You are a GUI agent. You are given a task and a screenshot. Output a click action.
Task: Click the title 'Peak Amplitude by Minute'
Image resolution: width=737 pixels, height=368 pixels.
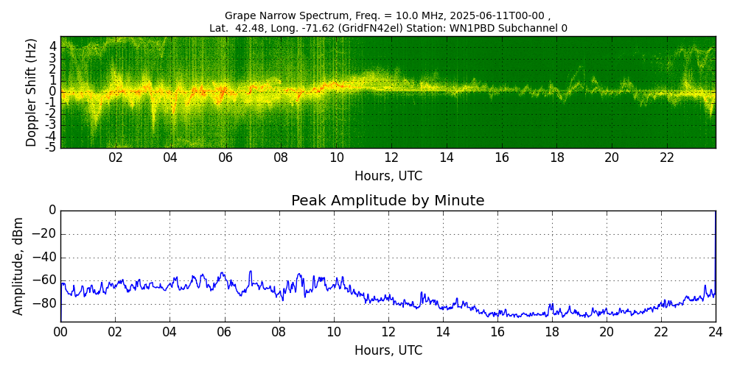pos(388,201)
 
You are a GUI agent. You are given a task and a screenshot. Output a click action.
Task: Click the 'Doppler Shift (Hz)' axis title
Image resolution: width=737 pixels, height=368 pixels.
pos(32,93)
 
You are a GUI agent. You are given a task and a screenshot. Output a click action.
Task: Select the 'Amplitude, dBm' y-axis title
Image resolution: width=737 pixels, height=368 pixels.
pos(19,266)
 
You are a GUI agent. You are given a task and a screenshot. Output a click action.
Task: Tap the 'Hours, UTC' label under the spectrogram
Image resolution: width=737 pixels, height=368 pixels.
pos(388,177)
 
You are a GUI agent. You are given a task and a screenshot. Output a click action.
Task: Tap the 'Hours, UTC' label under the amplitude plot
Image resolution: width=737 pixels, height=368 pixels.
pos(388,350)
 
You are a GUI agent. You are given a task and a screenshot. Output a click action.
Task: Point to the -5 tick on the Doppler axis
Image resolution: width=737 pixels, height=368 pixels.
pos(51,147)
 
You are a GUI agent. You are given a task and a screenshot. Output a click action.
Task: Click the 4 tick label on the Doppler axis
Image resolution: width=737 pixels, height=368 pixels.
pos(53,46)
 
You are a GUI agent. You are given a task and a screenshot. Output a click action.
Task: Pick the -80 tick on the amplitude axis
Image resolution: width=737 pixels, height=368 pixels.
pos(45,303)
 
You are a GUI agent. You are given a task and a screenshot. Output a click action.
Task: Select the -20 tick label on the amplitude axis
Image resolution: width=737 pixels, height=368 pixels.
pos(45,234)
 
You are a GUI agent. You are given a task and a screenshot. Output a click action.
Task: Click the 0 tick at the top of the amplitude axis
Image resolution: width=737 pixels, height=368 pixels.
pos(52,210)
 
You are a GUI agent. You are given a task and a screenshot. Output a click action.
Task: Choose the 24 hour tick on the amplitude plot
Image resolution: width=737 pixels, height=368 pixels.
pos(716,332)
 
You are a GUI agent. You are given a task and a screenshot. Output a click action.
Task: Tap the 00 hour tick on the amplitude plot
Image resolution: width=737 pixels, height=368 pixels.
pos(60,332)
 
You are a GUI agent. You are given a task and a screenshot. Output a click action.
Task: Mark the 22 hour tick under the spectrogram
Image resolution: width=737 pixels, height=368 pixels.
pos(667,158)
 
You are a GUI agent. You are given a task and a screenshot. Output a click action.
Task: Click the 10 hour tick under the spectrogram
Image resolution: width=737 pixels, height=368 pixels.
pos(336,158)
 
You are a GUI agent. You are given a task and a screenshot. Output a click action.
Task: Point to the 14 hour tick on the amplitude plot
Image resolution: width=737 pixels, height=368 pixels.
pos(443,332)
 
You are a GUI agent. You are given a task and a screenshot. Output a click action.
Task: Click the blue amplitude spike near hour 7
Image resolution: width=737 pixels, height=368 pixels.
pos(251,272)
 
